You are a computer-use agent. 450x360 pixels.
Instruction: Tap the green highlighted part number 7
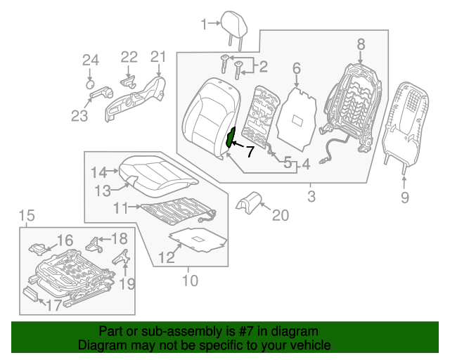[230, 138]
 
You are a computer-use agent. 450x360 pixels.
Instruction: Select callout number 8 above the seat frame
[361, 44]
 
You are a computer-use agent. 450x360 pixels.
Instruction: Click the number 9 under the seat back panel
[404, 198]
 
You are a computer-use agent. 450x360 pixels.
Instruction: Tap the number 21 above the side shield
[157, 57]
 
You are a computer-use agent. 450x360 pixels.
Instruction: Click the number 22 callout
[129, 57]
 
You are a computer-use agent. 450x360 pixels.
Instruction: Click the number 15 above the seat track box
[26, 215]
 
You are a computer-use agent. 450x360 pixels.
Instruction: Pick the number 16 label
[65, 240]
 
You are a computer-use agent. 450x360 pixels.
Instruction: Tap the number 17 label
[54, 305]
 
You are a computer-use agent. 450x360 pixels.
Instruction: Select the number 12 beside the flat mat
[165, 258]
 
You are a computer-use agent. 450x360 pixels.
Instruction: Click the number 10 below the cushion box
[190, 281]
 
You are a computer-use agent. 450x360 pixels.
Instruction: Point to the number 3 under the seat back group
[311, 196]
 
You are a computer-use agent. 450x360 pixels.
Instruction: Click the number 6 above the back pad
[296, 68]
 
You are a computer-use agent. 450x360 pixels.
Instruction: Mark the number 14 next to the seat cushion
[98, 172]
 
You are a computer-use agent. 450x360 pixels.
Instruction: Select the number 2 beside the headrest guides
[263, 67]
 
